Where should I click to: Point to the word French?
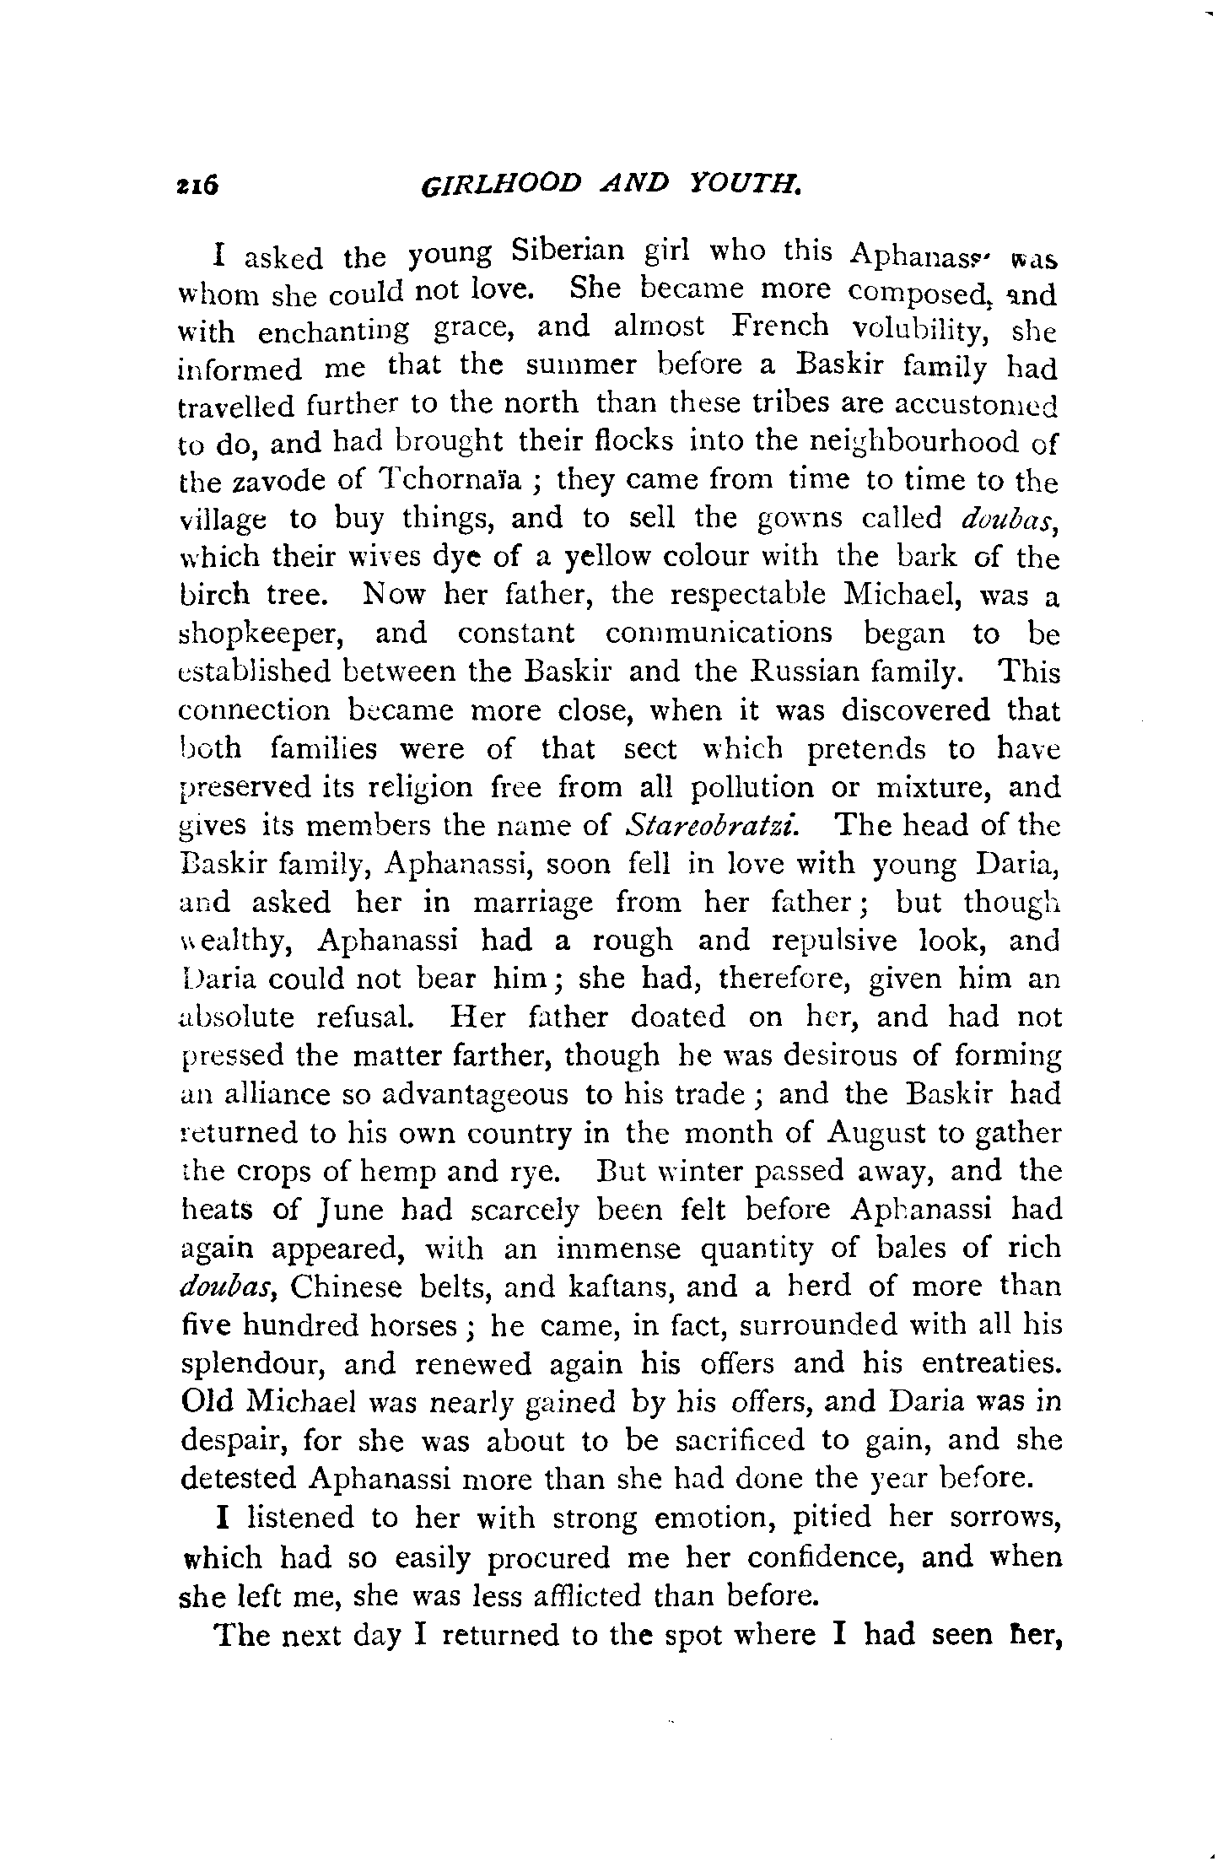[779, 327]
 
